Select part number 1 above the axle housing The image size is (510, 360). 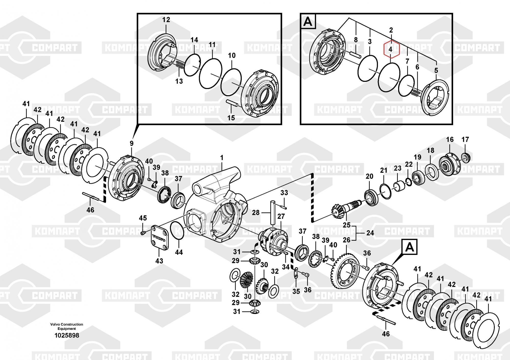[222, 158]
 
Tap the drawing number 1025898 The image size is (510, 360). [67, 336]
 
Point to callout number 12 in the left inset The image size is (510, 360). [166, 20]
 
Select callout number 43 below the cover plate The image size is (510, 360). [159, 261]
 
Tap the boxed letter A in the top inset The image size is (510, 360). [308, 22]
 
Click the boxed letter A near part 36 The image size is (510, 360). [410, 247]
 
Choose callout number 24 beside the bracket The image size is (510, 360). [370, 233]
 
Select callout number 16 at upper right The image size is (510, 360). [450, 139]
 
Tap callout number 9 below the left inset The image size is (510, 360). [132, 144]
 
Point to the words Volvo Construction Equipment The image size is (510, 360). [67, 326]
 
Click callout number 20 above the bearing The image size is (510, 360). [369, 176]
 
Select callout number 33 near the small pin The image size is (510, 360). [284, 193]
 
